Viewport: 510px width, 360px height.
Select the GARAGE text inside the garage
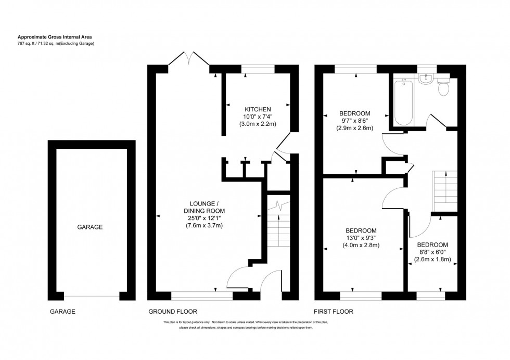tap(90, 227)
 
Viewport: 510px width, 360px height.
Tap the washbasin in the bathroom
tap(426, 79)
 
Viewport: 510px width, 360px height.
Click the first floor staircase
tap(444, 190)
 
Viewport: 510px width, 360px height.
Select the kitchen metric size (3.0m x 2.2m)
tap(258, 124)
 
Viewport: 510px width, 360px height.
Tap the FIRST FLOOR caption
tap(333, 312)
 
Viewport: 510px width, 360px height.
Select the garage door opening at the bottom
tap(92, 297)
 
